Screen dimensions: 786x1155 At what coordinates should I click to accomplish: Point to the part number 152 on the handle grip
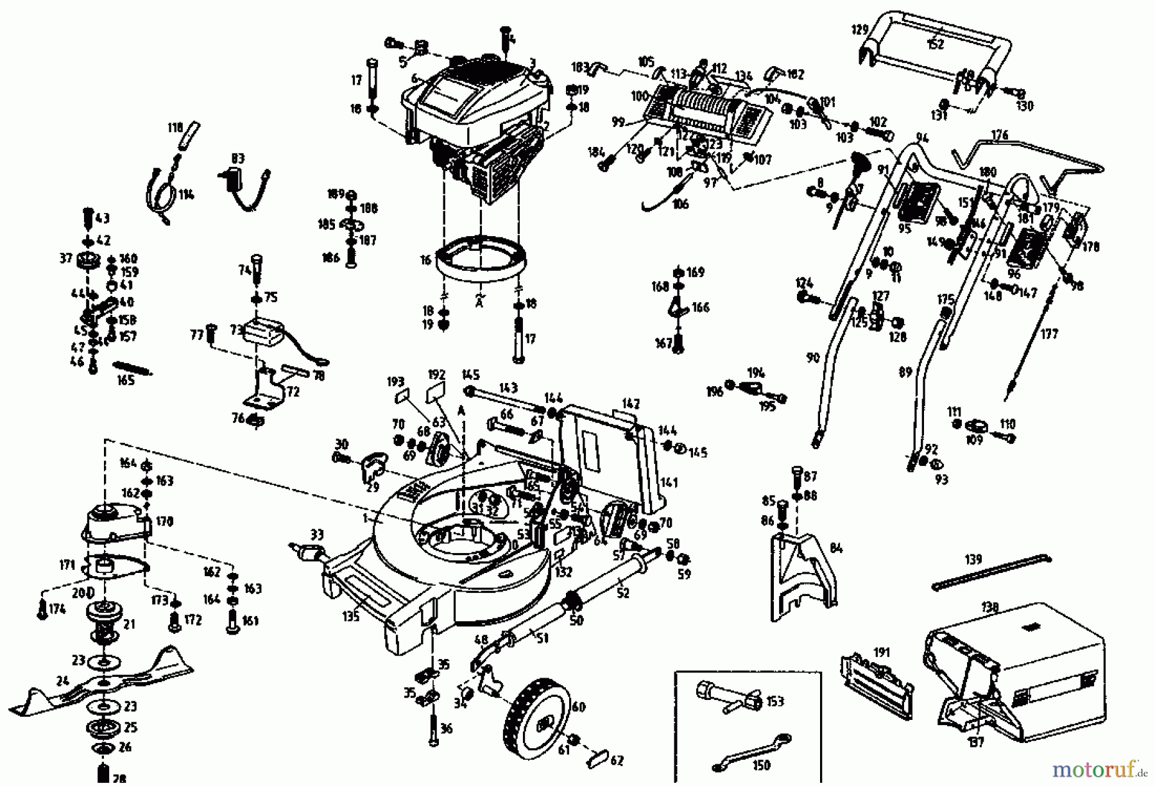point(936,44)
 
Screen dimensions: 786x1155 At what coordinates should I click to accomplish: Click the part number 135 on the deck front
point(350,616)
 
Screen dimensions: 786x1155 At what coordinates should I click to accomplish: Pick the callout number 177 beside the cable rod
point(1049,334)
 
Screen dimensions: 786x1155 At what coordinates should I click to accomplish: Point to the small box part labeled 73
point(264,332)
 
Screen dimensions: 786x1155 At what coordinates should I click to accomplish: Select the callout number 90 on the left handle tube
point(813,357)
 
